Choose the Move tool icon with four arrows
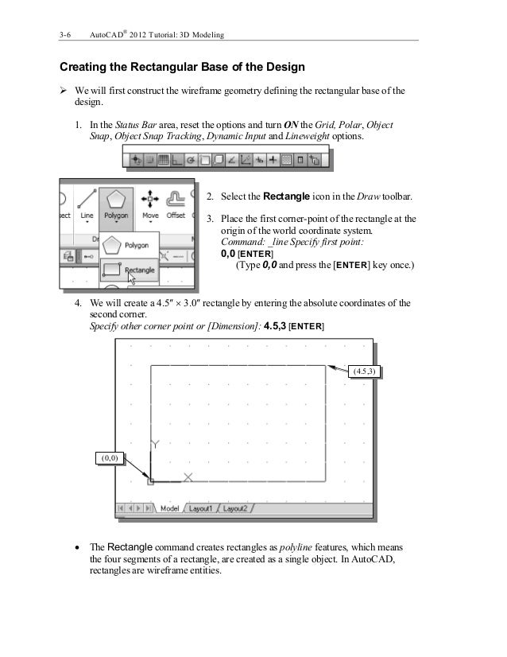[149, 197]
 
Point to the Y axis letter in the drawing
[156, 443]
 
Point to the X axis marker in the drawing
[188, 477]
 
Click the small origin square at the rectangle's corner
[150, 481]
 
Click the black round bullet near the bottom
[76, 548]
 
